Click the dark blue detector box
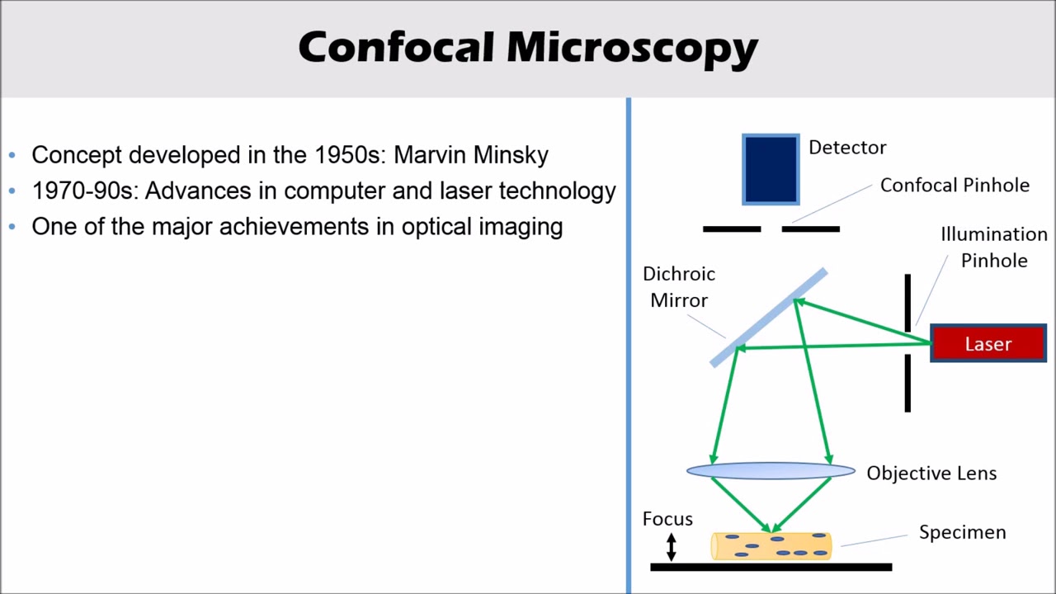[771, 169]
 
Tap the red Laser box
[988, 344]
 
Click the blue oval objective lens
[771, 471]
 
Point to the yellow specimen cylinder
[771, 546]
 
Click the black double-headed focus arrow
[672, 546]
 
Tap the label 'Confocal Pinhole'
[955, 186]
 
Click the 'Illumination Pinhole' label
[993, 247]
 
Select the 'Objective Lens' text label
[931, 474]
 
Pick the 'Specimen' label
[962, 533]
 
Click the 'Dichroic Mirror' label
[679, 287]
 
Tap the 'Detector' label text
[847, 148]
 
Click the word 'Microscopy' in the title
[632, 48]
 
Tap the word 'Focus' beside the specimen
[667, 519]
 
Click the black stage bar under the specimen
[771, 568]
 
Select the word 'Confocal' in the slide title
[396, 48]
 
